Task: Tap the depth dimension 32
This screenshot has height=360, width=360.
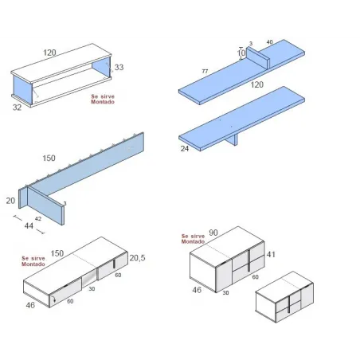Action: tap(18, 106)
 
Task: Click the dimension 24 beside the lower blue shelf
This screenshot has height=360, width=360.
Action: tap(185, 147)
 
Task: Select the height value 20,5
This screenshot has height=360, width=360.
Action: tap(139, 258)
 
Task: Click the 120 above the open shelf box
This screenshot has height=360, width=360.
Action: tap(49, 53)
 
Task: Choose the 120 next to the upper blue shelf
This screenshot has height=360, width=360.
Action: tap(256, 84)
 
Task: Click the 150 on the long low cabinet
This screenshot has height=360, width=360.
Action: tap(57, 253)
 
